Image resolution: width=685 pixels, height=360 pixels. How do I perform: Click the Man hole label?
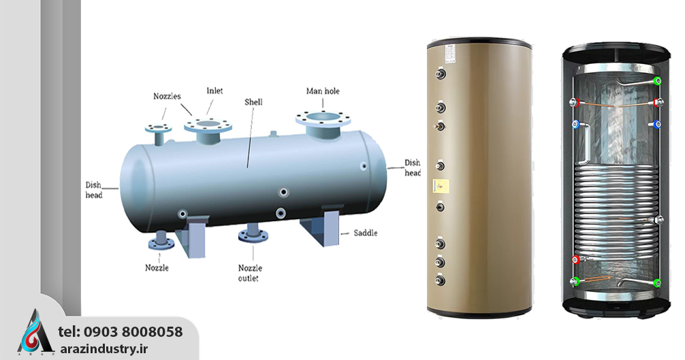point(323,91)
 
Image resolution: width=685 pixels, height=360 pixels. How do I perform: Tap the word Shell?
point(253,102)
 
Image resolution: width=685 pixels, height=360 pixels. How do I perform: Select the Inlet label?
point(214,91)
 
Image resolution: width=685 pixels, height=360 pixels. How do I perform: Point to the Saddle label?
point(365,233)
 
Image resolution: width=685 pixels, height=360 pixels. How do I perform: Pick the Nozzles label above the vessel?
point(167,97)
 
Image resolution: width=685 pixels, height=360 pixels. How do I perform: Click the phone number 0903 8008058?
point(133,332)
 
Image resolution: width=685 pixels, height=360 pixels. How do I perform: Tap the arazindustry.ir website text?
point(118,348)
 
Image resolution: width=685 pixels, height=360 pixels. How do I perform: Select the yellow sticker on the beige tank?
point(440,184)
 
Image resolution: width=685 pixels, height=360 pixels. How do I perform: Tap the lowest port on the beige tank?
point(441,280)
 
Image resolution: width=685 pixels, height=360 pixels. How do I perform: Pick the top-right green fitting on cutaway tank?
point(657,80)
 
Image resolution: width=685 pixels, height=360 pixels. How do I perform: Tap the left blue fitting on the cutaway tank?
point(575,125)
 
